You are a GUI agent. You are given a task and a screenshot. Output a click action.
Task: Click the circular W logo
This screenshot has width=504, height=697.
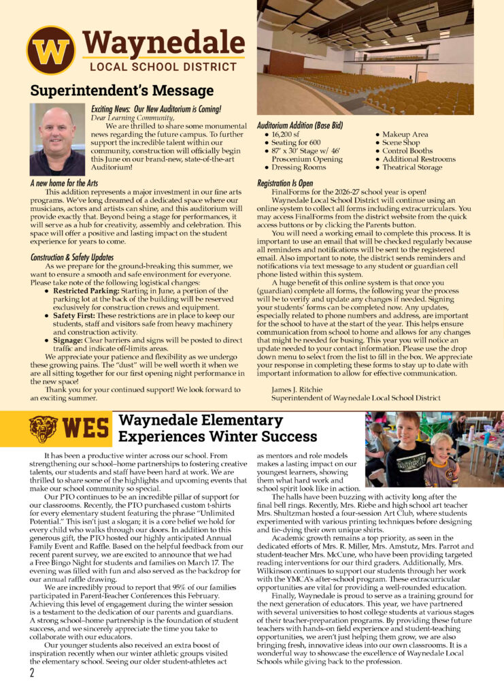click(50, 50)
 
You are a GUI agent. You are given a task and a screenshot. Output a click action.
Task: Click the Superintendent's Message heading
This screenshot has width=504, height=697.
click(122, 91)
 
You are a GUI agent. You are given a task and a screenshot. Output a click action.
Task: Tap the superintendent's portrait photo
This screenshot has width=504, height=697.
click(57, 140)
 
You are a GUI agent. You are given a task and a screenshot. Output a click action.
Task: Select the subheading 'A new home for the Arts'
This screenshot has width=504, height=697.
click(65, 184)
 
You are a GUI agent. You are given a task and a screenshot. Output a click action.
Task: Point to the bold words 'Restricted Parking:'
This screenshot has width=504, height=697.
click(85, 290)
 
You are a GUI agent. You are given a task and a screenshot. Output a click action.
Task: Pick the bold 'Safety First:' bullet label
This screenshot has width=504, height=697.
click(76, 316)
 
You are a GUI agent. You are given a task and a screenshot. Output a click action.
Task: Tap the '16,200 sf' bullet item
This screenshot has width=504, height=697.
click(288, 135)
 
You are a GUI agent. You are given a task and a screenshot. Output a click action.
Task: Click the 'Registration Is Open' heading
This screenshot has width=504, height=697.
click(285, 184)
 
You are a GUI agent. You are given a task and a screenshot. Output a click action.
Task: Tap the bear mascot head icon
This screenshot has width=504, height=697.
click(43, 429)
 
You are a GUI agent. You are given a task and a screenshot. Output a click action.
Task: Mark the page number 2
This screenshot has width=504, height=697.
click(31, 674)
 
